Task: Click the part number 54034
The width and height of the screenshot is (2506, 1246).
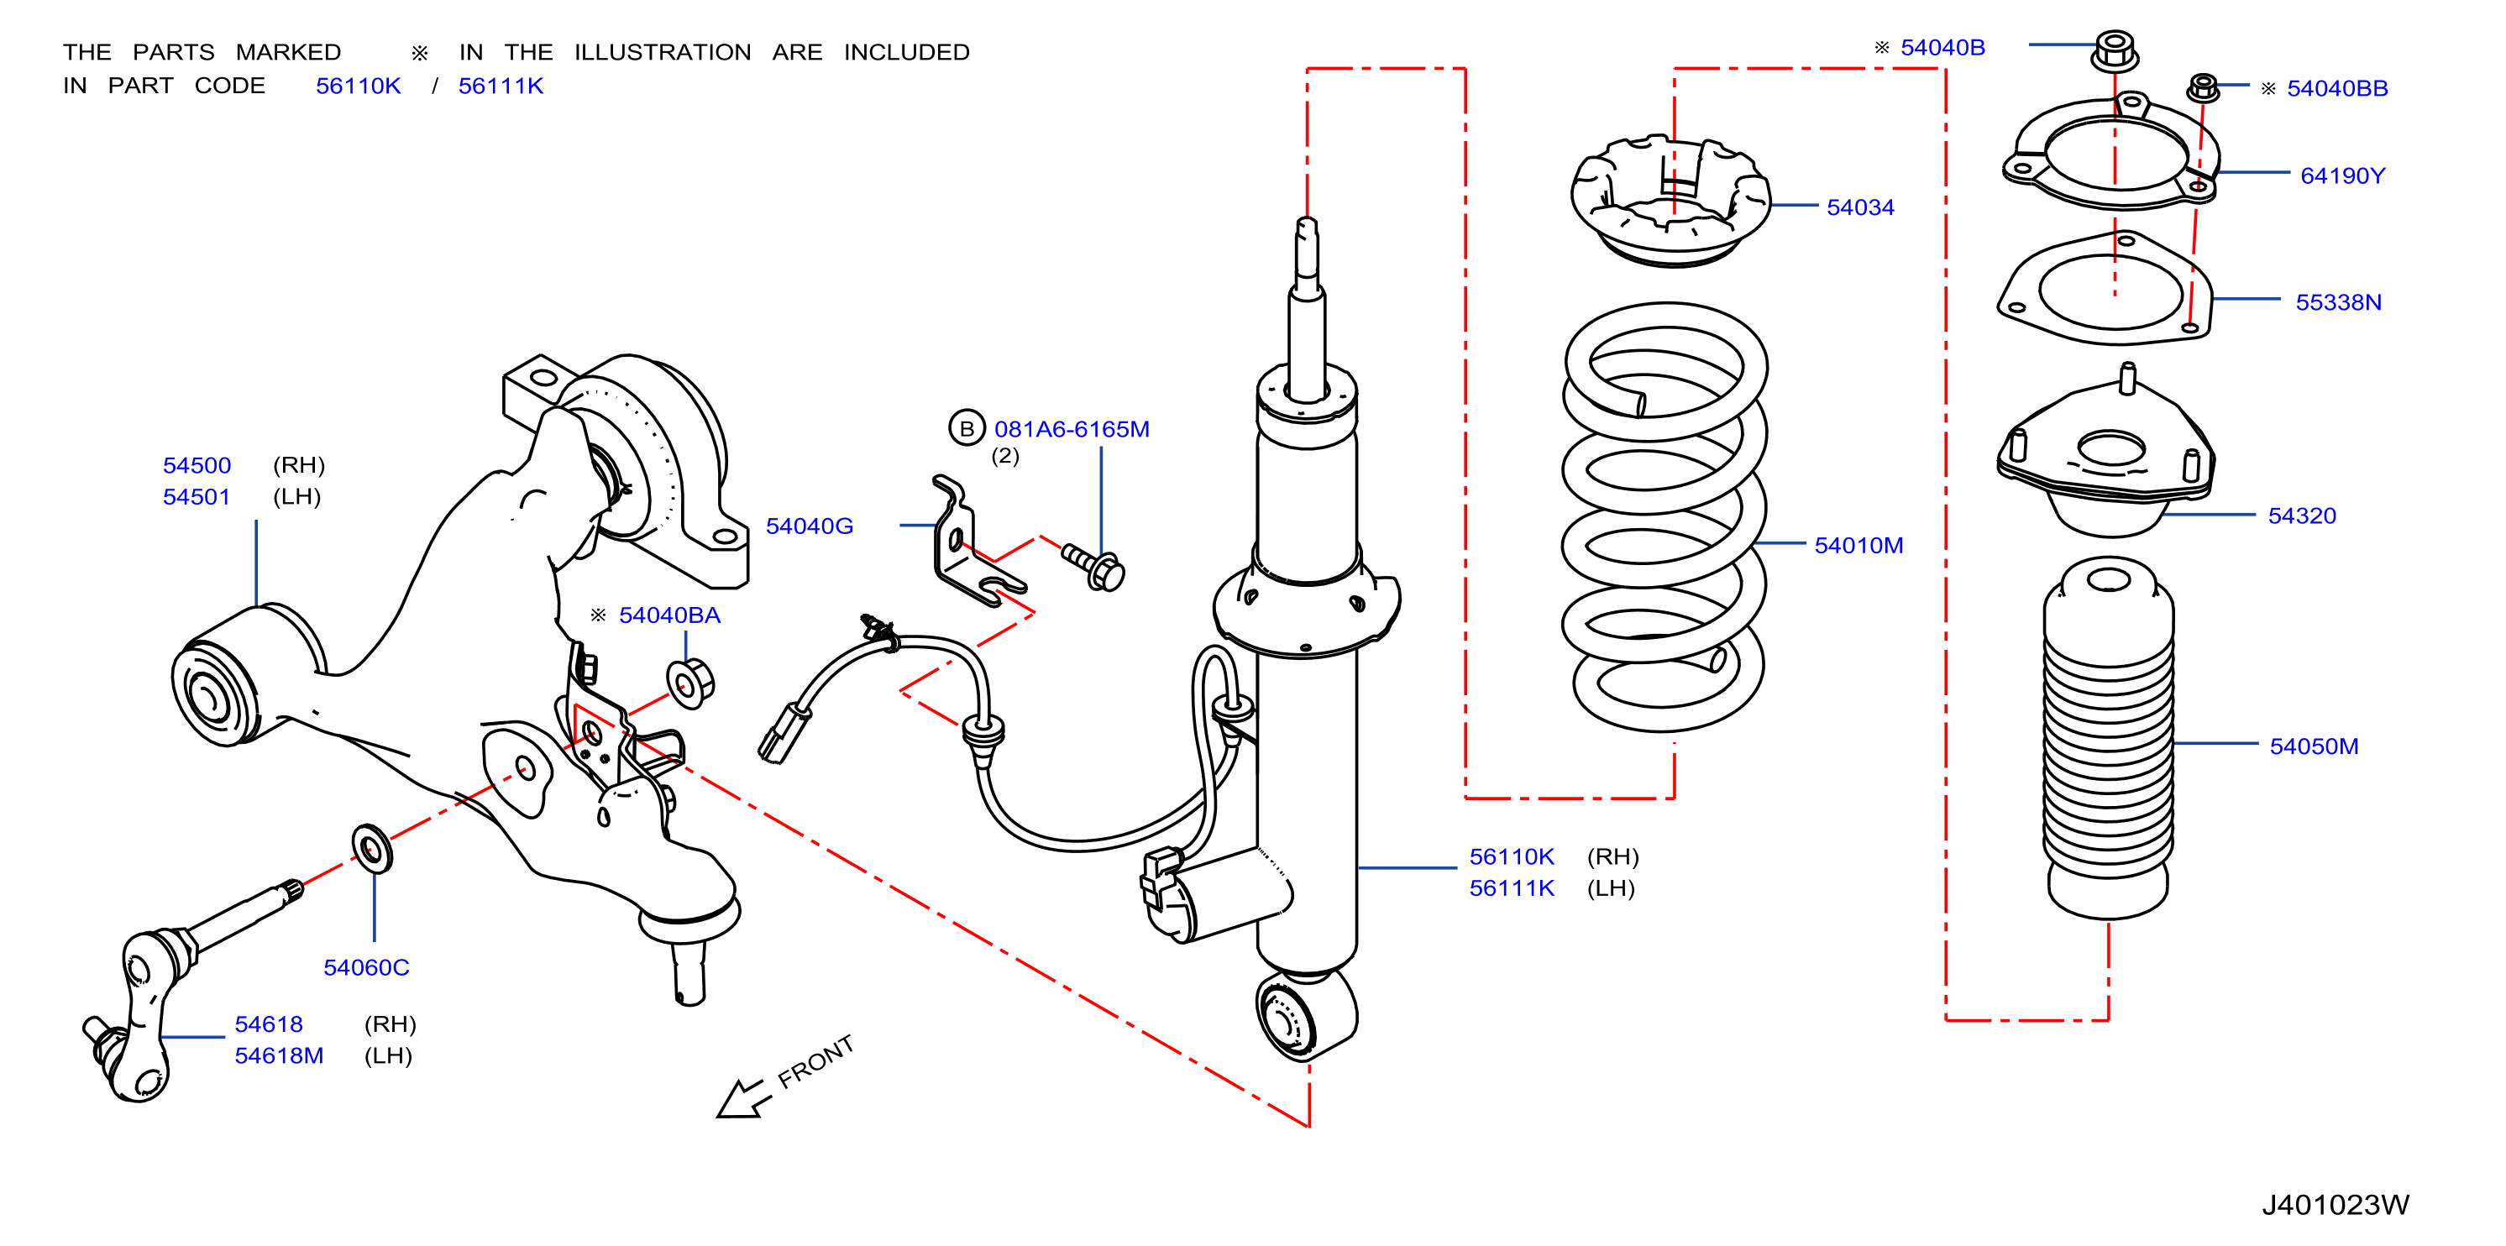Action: click(x=1859, y=207)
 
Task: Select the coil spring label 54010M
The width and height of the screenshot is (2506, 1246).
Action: click(x=1859, y=546)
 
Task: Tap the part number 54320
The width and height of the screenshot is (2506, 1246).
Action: click(x=2301, y=516)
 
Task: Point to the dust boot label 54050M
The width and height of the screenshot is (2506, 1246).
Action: click(x=2314, y=746)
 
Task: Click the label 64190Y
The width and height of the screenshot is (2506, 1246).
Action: click(x=2341, y=176)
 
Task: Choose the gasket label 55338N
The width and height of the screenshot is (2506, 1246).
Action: click(x=2338, y=302)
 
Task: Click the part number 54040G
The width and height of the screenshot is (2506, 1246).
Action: click(x=809, y=526)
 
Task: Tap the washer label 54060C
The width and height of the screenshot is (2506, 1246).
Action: click(x=366, y=968)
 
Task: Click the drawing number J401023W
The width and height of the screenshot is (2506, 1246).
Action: click(x=2335, y=1205)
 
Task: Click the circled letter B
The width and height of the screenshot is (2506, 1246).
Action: click(x=966, y=429)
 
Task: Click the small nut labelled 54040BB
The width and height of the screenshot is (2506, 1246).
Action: click(x=2203, y=87)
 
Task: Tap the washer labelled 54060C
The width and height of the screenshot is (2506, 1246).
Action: click(x=372, y=849)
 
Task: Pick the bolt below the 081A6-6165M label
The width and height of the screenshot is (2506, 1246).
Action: click(x=1093, y=566)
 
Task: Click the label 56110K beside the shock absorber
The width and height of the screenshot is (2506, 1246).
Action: click(x=1511, y=857)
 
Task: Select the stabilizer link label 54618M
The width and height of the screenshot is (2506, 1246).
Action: click(x=278, y=1056)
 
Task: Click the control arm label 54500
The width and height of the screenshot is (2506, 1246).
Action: click(x=197, y=466)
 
